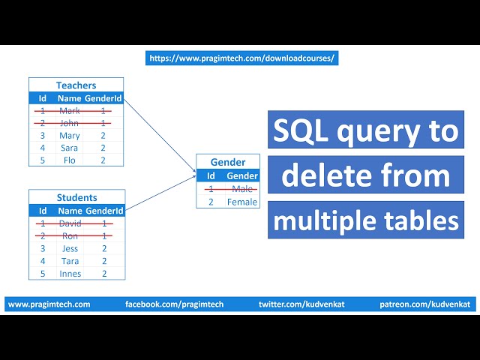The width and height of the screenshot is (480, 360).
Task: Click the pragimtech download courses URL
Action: [x=241, y=58]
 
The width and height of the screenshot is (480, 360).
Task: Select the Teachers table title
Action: [x=76, y=85]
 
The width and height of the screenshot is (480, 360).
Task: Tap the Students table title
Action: [x=76, y=198]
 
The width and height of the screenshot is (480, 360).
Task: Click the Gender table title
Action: [x=228, y=162]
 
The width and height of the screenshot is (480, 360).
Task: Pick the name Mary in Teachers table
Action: [x=70, y=136]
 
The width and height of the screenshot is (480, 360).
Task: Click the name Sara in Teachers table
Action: [x=70, y=148]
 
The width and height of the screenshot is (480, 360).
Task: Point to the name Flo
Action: [x=70, y=160]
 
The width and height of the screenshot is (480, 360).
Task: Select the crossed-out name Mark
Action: [x=70, y=111]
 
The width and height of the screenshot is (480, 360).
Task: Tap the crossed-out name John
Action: [x=70, y=123]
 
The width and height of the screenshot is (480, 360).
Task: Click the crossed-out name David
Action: [x=70, y=223]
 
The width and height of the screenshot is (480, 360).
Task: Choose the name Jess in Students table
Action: [x=70, y=248]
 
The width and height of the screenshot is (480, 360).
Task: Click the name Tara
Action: [x=70, y=261]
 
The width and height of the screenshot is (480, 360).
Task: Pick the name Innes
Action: [x=70, y=274]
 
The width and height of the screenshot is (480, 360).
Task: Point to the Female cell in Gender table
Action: [x=242, y=202]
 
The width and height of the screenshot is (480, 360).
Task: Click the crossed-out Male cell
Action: [x=242, y=189]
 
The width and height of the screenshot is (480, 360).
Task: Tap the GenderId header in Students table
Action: [x=103, y=211]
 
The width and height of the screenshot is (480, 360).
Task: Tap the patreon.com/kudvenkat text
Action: [x=425, y=304]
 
